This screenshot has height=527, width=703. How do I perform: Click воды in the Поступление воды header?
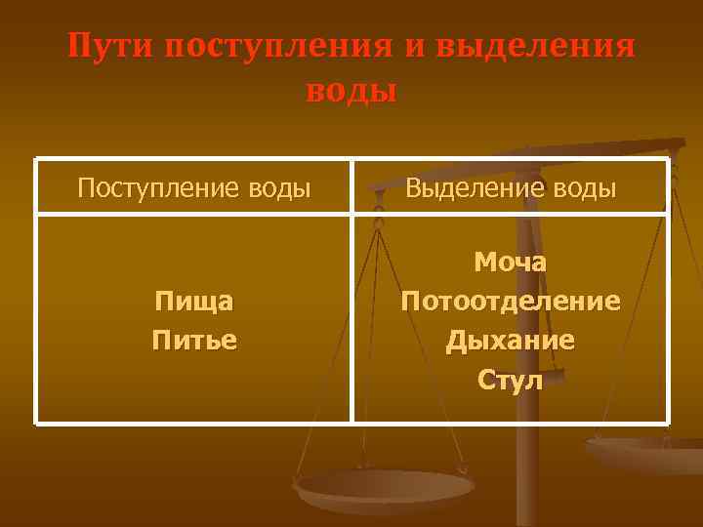[278, 187]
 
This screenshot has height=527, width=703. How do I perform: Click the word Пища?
[193, 302]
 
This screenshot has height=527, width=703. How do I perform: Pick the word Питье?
[193, 341]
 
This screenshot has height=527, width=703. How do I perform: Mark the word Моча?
[510, 262]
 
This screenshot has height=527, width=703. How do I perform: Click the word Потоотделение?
[510, 301]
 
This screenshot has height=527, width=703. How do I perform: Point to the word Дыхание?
[510, 341]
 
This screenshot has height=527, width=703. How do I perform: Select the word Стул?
[510, 380]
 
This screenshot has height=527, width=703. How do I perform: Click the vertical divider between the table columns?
[351, 293]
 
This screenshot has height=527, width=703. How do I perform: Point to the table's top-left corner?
[36, 159]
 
